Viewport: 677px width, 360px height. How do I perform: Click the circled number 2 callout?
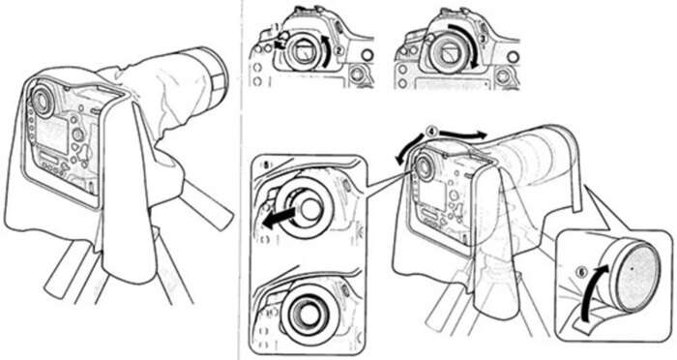click(x=339, y=50)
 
